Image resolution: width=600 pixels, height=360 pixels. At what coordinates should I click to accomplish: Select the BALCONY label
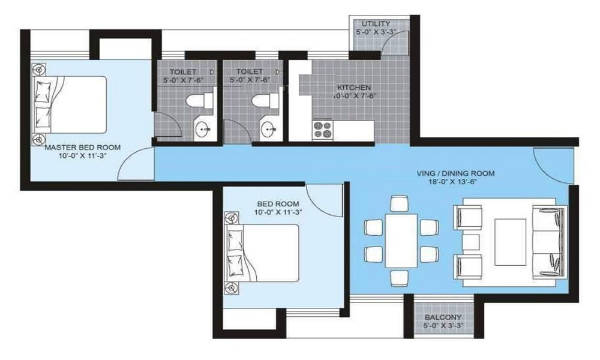pyautogui.click(x=443, y=318)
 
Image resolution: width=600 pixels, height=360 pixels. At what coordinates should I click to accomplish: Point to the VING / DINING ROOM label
pyautogui.click(x=455, y=173)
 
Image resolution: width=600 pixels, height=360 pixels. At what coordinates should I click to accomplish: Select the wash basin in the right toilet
pyautogui.click(x=268, y=128)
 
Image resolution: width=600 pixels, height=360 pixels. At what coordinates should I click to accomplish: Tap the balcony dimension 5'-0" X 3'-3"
pyautogui.click(x=443, y=327)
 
